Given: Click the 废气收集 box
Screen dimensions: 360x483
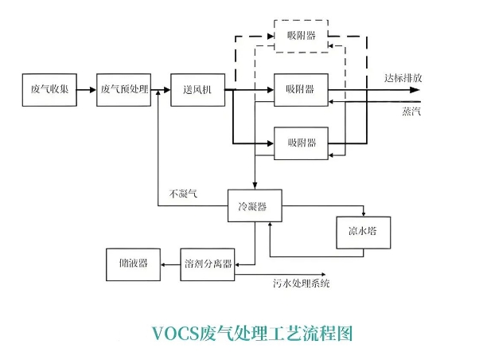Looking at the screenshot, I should (x=49, y=89).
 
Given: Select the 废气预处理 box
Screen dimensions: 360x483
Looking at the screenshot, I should (x=124, y=89).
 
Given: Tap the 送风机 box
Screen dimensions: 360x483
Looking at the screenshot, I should (x=197, y=89).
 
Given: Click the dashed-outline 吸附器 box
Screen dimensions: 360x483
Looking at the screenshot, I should (x=301, y=36).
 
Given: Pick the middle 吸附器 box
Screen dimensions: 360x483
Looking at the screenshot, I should (x=301, y=89).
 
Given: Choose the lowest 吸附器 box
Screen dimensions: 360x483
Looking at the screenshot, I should (x=301, y=143).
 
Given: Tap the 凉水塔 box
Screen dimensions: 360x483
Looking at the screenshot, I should (x=362, y=231).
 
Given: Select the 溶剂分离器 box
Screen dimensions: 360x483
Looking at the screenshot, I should (x=208, y=264).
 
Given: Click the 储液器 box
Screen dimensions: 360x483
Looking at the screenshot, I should (x=131, y=264).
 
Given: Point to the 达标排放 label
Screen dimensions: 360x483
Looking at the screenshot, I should (x=403, y=79).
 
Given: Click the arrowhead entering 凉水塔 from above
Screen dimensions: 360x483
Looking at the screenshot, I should (x=363, y=213).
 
